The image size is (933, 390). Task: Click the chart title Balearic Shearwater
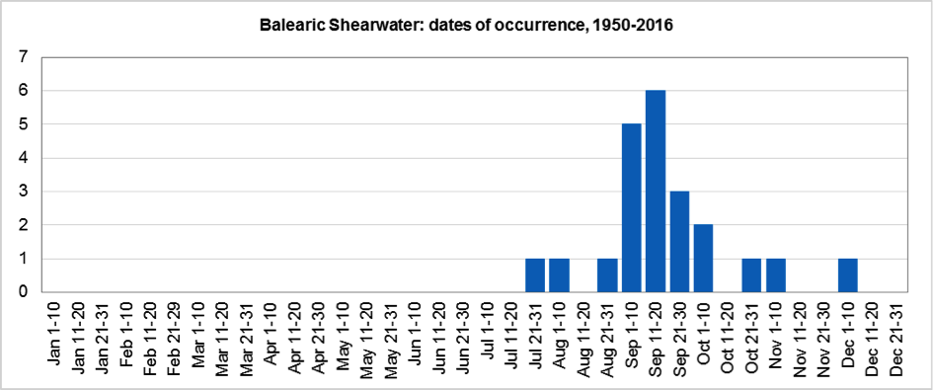coord(463,23)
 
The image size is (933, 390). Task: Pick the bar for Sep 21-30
coord(680,241)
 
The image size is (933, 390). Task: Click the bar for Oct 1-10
coord(704,258)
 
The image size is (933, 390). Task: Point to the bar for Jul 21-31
coord(535,275)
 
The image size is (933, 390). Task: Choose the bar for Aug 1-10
coord(559,275)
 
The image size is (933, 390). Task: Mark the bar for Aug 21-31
coord(607,275)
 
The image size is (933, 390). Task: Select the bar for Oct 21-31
coord(752,275)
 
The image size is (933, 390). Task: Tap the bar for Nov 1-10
coord(776,275)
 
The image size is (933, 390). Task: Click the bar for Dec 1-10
coord(848,275)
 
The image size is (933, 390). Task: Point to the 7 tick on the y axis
coord(23,57)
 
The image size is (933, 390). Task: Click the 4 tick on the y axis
coord(23,158)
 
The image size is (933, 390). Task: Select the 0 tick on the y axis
coord(23,292)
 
